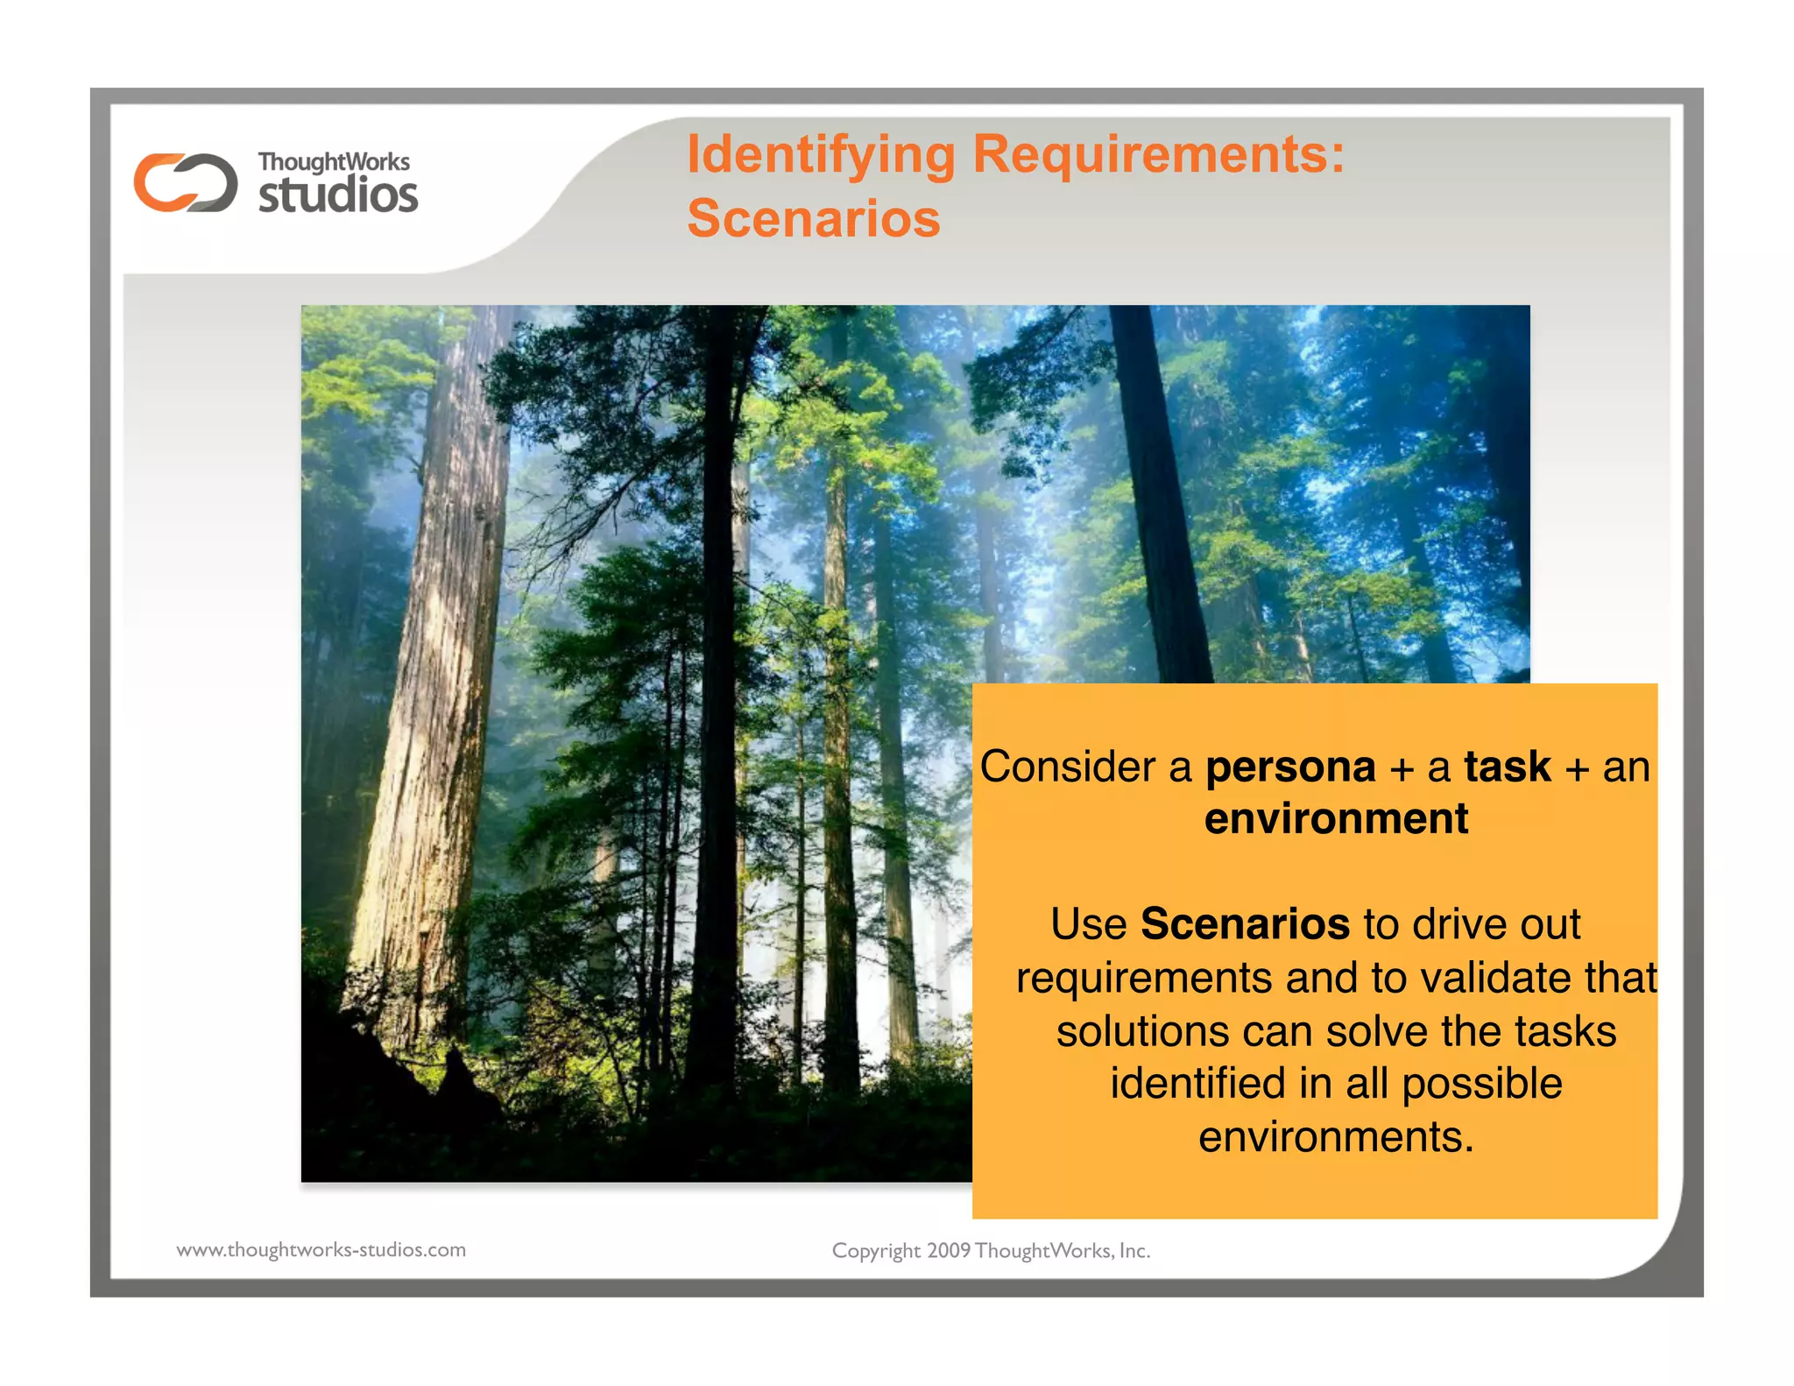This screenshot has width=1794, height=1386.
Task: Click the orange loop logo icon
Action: [x=185, y=182]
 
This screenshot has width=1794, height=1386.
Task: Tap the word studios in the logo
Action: [x=338, y=194]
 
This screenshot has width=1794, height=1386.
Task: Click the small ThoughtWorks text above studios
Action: [x=333, y=162]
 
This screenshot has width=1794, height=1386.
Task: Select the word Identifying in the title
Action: [x=821, y=155]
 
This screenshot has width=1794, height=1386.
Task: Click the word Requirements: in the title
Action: [x=1158, y=155]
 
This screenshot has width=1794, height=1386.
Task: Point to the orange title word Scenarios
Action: [x=813, y=218]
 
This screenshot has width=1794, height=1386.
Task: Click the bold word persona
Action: [x=1290, y=767]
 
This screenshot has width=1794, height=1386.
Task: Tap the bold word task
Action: [x=1507, y=767]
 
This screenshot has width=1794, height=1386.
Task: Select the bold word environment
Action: [x=1336, y=819]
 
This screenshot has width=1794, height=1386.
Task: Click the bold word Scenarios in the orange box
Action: [x=1245, y=924]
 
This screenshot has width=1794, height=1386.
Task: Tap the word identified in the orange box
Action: [x=1198, y=1084]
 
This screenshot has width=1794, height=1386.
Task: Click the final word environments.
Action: [x=1336, y=1137]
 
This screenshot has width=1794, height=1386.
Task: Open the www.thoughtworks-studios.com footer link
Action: [x=321, y=1250]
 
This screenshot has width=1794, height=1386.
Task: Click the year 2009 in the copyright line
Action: [x=948, y=1251]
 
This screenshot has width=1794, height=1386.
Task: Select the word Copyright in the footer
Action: [x=875, y=1251]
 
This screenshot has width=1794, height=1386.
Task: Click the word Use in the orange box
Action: [x=1088, y=924]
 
